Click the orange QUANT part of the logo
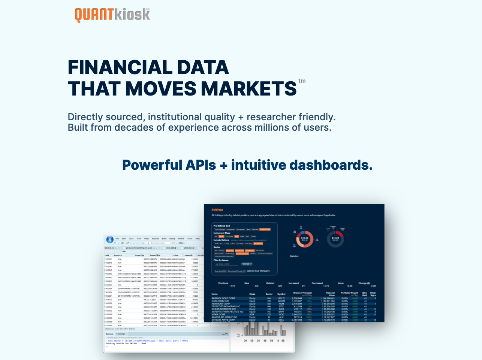pos(94,15)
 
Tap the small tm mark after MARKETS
pos(302,81)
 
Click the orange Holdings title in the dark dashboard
pos(217,210)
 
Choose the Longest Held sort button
pos(265,229)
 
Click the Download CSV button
pos(220,271)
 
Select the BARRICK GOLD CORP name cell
pos(223,299)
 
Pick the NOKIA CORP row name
pos(219,315)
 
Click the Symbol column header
pos(281,294)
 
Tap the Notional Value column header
pos(330,294)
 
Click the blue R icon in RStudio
pos(109,239)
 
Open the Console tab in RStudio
pos(109,334)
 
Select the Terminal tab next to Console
pos(120,334)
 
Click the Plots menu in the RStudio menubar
pos(146,239)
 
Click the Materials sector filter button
pos(230,251)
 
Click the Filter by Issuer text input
pos(226,264)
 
